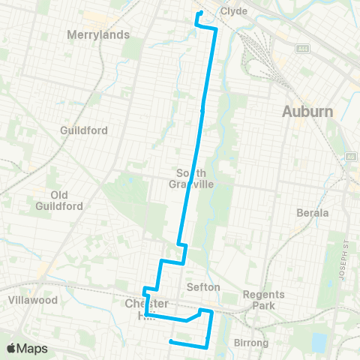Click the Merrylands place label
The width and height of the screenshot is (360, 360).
[x=98, y=34]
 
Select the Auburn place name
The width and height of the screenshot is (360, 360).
[x=307, y=112]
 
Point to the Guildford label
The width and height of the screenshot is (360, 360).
[x=84, y=130]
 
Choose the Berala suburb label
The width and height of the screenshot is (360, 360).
[x=313, y=212]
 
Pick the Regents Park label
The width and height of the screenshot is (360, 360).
[x=263, y=300]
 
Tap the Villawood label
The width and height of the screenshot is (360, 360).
[x=33, y=299]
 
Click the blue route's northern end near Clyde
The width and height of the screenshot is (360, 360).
[x=199, y=13]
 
